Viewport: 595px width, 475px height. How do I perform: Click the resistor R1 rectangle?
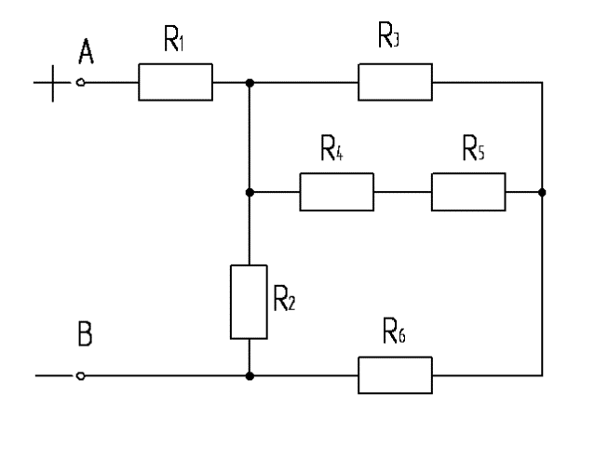click(x=176, y=82)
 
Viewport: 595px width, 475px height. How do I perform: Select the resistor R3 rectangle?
click(x=396, y=82)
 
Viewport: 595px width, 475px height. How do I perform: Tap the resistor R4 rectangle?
click(x=336, y=192)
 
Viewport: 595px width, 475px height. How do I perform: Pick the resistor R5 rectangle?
click(x=468, y=192)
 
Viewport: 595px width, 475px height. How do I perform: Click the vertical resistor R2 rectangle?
click(x=250, y=302)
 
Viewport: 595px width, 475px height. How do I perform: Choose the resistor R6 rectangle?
click(x=396, y=376)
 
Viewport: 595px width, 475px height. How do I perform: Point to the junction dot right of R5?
click(x=542, y=192)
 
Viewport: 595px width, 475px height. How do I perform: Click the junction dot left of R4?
click(x=250, y=192)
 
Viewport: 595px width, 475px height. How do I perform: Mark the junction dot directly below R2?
click(x=250, y=376)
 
